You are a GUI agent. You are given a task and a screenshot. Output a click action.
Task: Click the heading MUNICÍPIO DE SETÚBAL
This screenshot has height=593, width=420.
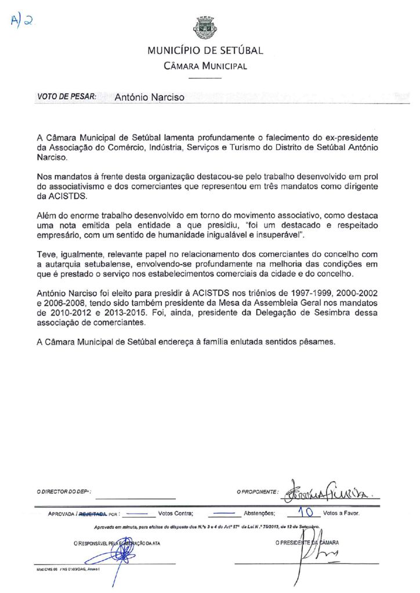pyautogui.click(x=205, y=50)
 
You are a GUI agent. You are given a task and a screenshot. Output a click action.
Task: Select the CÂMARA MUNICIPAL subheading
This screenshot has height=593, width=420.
pyautogui.click(x=205, y=65)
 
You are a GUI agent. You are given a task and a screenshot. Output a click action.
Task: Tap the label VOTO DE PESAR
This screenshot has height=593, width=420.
pyautogui.click(x=67, y=97)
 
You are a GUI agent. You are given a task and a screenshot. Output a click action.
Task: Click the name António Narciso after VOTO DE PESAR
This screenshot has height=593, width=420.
pyautogui.click(x=150, y=97)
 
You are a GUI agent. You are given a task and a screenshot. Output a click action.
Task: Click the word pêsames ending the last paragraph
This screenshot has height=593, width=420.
pyautogui.click(x=318, y=342)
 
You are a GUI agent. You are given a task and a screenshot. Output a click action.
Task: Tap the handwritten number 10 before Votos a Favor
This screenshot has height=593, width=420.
pyautogui.click(x=305, y=512)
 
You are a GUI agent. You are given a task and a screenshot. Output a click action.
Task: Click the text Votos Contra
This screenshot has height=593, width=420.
pyautogui.click(x=176, y=513)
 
